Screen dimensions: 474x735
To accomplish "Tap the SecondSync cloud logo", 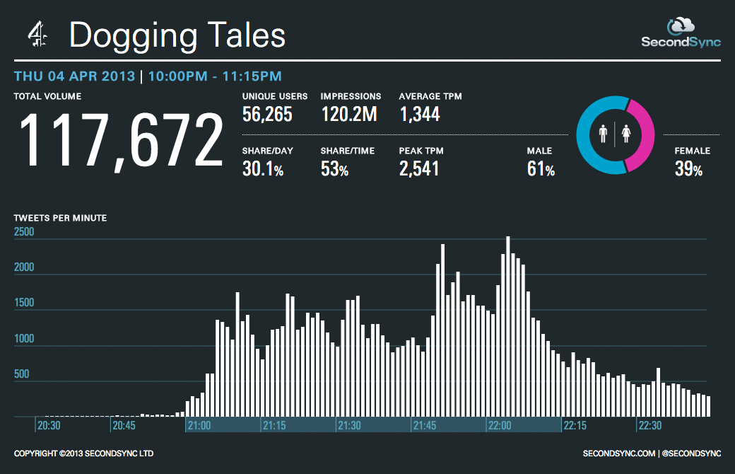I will (x=681, y=26).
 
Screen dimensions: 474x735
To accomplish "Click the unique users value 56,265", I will (x=267, y=114).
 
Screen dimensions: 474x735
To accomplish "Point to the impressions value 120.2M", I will (x=349, y=114).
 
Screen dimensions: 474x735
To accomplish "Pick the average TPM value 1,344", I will (x=420, y=114).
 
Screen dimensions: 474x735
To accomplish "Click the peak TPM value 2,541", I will (x=419, y=168).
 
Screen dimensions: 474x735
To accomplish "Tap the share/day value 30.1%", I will (x=263, y=168).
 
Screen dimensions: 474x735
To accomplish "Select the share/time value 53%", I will (x=334, y=168).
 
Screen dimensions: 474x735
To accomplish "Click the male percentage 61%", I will (x=541, y=168).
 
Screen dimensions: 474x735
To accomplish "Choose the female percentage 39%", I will (x=688, y=168).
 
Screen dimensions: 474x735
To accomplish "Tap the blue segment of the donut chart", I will (x=589, y=134).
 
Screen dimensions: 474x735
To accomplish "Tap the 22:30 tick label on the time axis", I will (x=651, y=426).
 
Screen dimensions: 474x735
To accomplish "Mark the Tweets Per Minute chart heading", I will (x=61, y=218).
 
